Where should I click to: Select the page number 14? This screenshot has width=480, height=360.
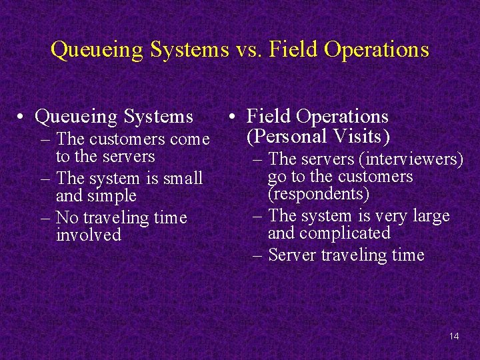click(454, 336)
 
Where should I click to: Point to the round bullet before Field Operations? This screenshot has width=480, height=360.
click(229, 118)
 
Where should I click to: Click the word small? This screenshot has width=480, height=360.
click(183, 179)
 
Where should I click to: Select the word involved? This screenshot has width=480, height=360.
click(89, 235)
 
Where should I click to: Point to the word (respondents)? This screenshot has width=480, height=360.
click(318, 194)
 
